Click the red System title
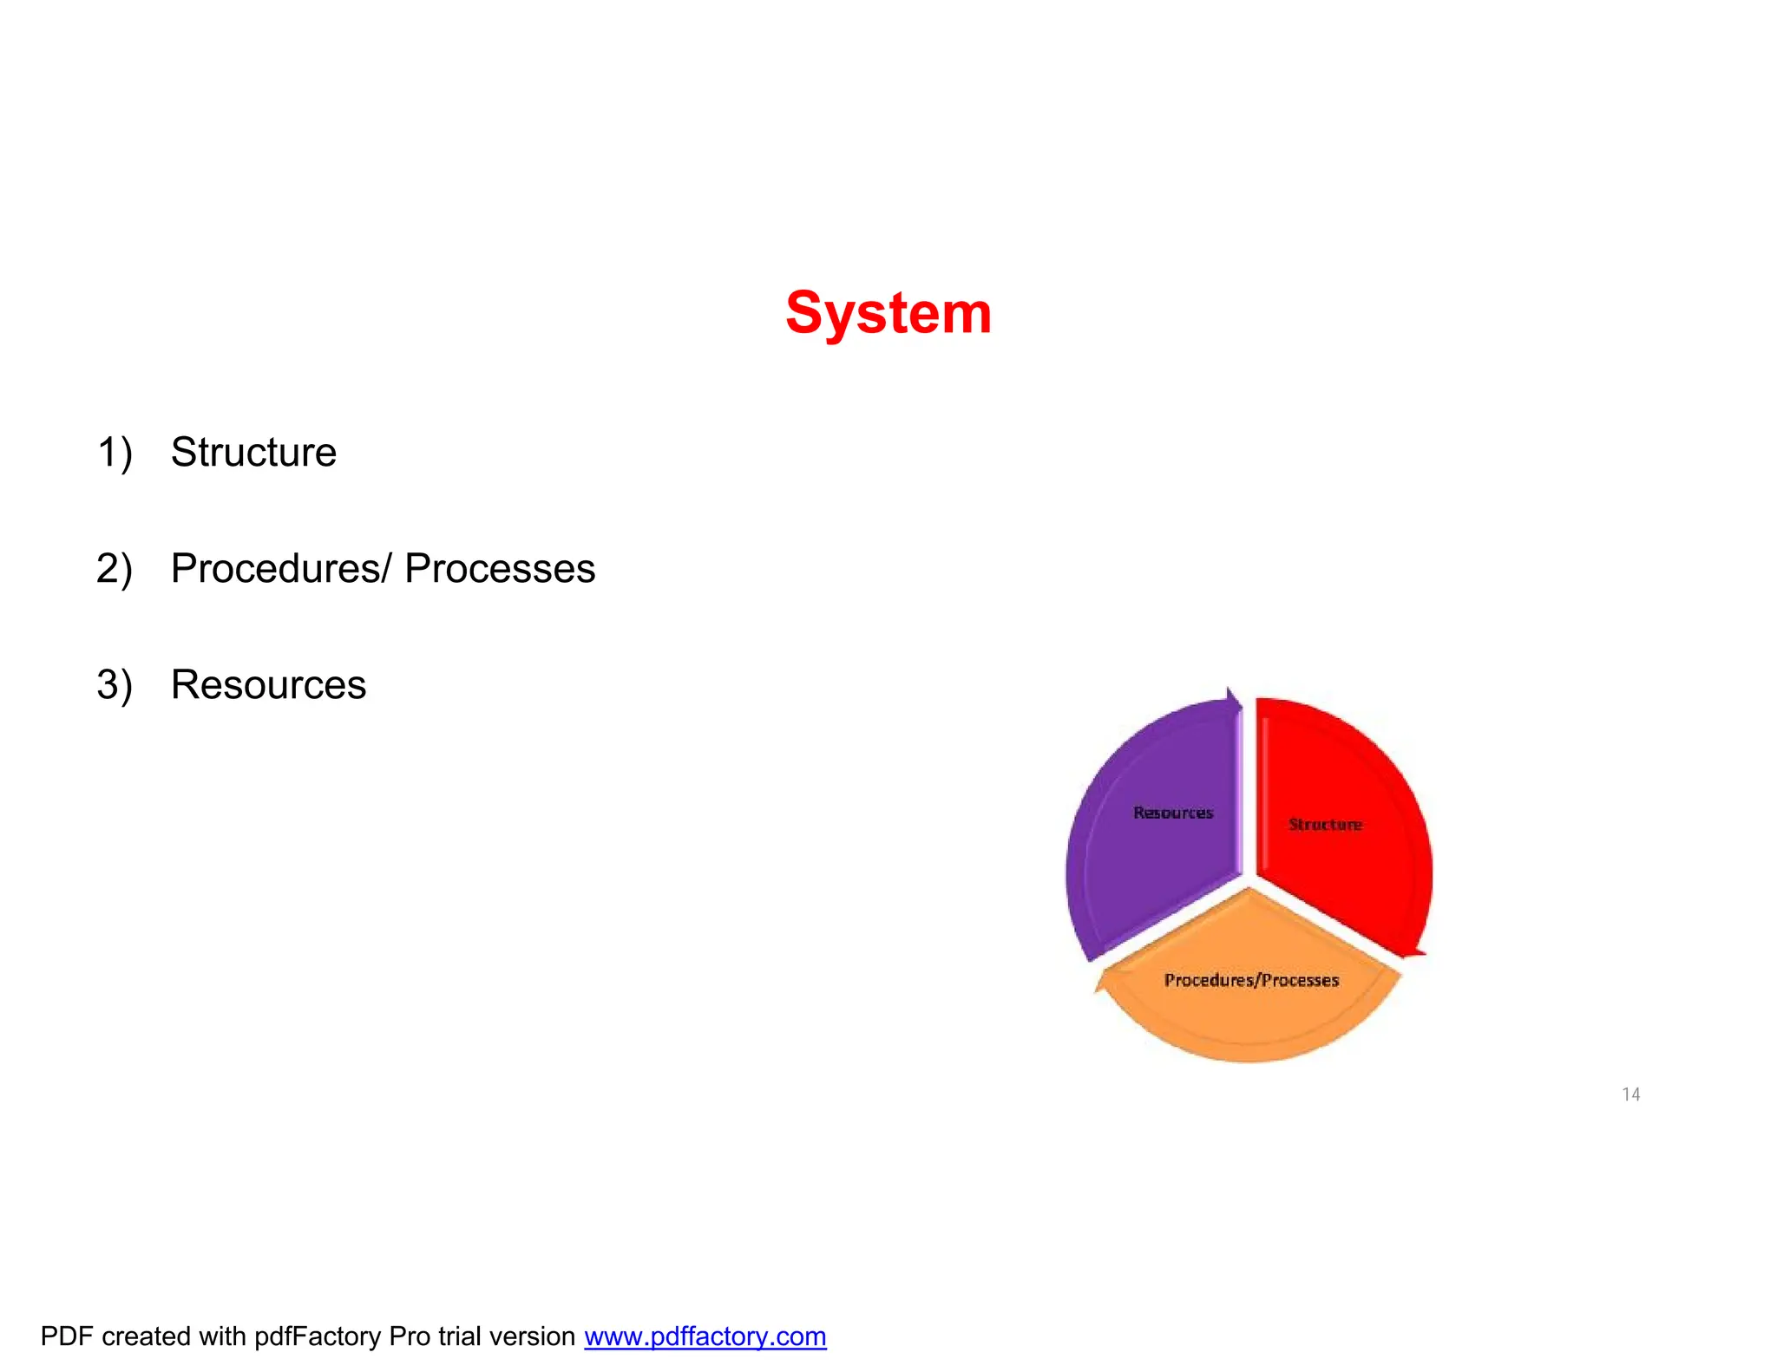pyautogui.click(x=888, y=313)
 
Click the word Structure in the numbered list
pyautogui.click(x=253, y=452)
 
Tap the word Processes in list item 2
pyautogui.click(x=500, y=569)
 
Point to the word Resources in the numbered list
pyautogui.click(x=268, y=685)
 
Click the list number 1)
pyautogui.click(x=115, y=453)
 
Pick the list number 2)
pyautogui.click(x=115, y=569)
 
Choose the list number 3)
pyautogui.click(x=115, y=685)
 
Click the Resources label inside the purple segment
pyautogui.click(x=1173, y=813)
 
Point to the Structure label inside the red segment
pyautogui.click(x=1325, y=824)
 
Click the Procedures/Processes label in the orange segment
pyautogui.click(x=1251, y=980)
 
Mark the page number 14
pyautogui.click(x=1630, y=1094)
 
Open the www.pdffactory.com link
pyautogui.click(x=705, y=1336)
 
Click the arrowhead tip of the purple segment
pyautogui.click(x=1231, y=693)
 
